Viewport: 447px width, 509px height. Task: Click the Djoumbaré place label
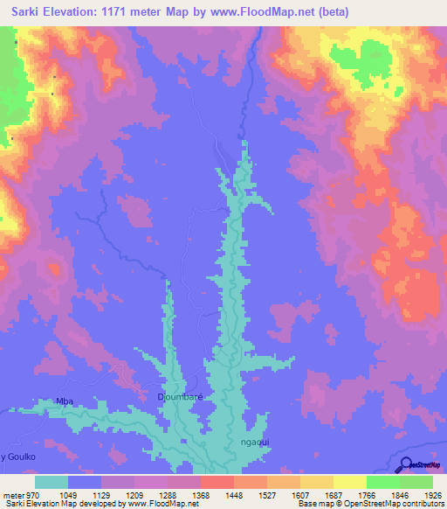click(x=180, y=397)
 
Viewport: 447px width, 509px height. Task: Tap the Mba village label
click(x=64, y=401)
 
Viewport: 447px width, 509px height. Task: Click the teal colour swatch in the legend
click(x=52, y=482)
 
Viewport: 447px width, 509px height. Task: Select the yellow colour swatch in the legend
click(x=349, y=482)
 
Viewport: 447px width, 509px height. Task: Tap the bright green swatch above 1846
click(x=382, y=482)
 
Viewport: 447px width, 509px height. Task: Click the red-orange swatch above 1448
click(x=217, y=482)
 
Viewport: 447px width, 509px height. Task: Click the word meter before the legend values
click(x=13, y=494)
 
